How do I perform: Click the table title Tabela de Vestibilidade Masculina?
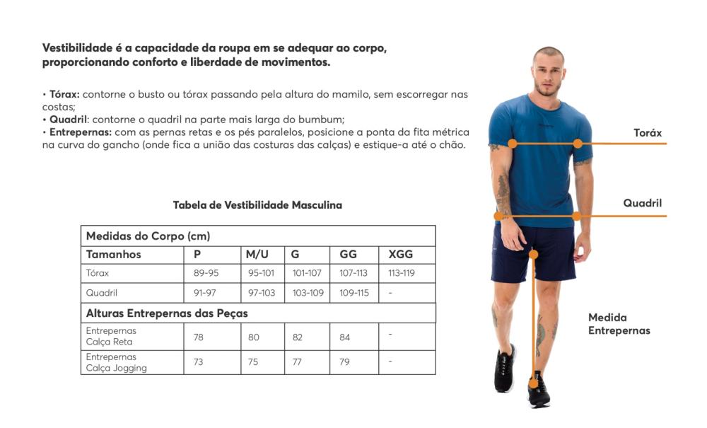pyautogui.click(x=257, y=205)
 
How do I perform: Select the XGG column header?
pyautogui.click(x=400, y=255)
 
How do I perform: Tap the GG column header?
pyautogui.click(x=348, y=255)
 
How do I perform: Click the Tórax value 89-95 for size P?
pyautogui.click(x=206, y=273)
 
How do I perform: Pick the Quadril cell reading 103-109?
pyautogui.click(x=308, y=293)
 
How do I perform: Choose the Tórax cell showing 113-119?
pyautogui.click(x=402, y=273)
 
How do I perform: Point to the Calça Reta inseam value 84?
pyautogui.click(x=344, y=337)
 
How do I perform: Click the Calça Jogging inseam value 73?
pyautogui.click(x=199, y=362)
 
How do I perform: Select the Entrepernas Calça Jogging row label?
pyautogui.click(x=117, y=362)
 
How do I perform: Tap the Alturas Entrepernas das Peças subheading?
pyautogui.click(x=167, y=313)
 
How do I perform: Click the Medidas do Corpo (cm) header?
pyautogui.click(x=148, y=236)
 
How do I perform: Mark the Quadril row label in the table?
pyautogui.click(x=101, y=293)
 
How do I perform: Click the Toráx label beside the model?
pyautogui.click(x=648, y=133)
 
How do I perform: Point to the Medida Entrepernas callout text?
pyautogui.click(x=619, y=324)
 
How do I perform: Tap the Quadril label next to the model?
pyautogui.click(x=643, y=203)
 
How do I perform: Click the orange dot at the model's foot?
pyautogui.click(x=533, y=384)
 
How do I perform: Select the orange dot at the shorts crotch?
pyautogui.click(x=533, y=255)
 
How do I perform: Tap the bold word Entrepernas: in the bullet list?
pyautogui.click(x=81, y=132)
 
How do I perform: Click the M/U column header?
pyautogui.click(x=257, y=255)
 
